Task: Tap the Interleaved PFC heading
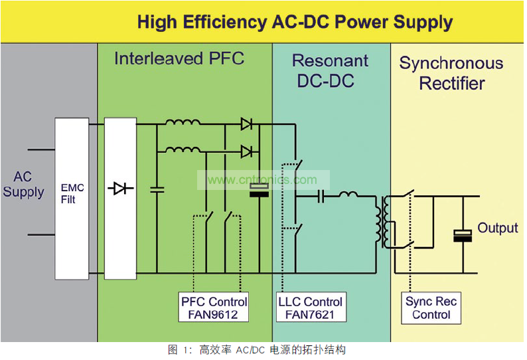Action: (x=179, y=58)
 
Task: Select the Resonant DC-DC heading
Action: (x=330, y=71)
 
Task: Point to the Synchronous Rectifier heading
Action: (x=451, y=74)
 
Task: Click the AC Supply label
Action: (x=23, y=185)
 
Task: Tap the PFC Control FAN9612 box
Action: (x=214, y=308)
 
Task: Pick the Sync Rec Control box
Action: (x=431, y=308)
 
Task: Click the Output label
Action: (x=497, y=228)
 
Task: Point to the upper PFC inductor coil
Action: (x=183, y=123)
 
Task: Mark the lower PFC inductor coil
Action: (x=183, y=149)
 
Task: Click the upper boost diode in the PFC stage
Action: (x=246, y=124)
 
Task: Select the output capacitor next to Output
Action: (x=461, y=235)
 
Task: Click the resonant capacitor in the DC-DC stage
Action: (x=321, y=196)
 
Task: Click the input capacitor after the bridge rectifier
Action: (x=157, y=189)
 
